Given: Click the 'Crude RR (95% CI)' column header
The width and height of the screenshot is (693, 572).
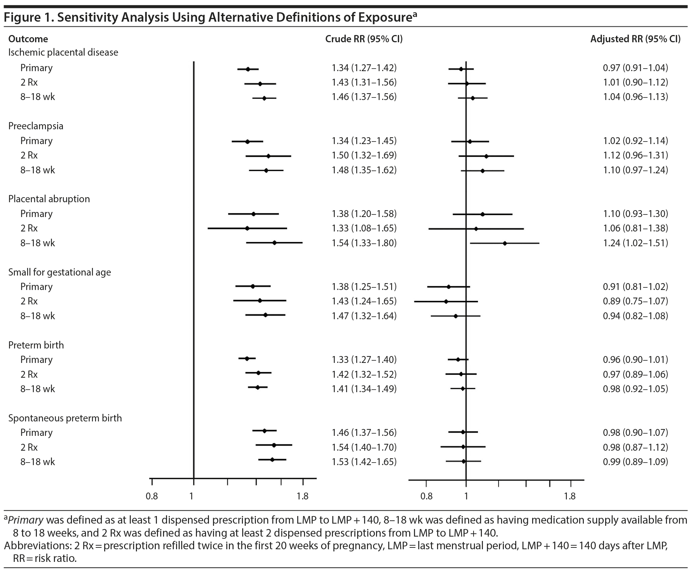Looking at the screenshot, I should pyautogui.click(x=364, y=39).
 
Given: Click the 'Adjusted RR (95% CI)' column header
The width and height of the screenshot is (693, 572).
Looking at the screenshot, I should pyautogui.click(x=635, y=39).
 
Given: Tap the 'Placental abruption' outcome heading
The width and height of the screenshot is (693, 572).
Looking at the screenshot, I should pyautogui.click(x=49, y=199).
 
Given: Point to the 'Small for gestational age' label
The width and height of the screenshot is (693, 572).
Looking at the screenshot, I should pyautogui.click(x=60, y=272).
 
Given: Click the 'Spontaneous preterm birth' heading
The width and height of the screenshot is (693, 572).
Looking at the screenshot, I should pyautogui.click(x=65, y=418).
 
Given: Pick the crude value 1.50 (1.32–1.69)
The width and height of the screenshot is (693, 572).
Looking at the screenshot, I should pyautogui.click(x=364, y=155).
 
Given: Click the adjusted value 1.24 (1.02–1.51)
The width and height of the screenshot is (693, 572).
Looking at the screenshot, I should pyautogui.click(x=635, y=243).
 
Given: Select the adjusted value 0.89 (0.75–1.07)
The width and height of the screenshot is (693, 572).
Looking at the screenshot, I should pyautogui.click(x=635, y=301).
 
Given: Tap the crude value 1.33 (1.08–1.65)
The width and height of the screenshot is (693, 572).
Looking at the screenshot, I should pyautogui.click(x=364, y=228).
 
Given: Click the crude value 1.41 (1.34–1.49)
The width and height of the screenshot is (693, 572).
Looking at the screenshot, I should pyautogui.click(x=364, y=389).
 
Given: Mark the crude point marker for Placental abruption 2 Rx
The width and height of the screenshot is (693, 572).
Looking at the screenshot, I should pyautogui.click(x=247, y=228).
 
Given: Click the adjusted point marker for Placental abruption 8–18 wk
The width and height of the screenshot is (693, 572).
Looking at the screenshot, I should pyautogui.click(x=505, y=243).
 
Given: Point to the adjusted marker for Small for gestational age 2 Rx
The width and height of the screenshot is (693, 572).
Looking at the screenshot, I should pyautogui.click(x=446, y=301).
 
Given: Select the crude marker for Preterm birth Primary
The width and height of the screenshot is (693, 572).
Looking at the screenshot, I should pyautogui.click(x=247, y=359).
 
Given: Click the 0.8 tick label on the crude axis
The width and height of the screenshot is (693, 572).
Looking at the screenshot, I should pyautogui.click(x=152, y=496).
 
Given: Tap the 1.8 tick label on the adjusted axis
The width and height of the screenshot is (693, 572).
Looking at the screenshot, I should pyautogui.click(x=570, y=496).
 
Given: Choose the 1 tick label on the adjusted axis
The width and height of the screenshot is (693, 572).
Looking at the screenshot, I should pyautogui.click(x=466, y=496).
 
